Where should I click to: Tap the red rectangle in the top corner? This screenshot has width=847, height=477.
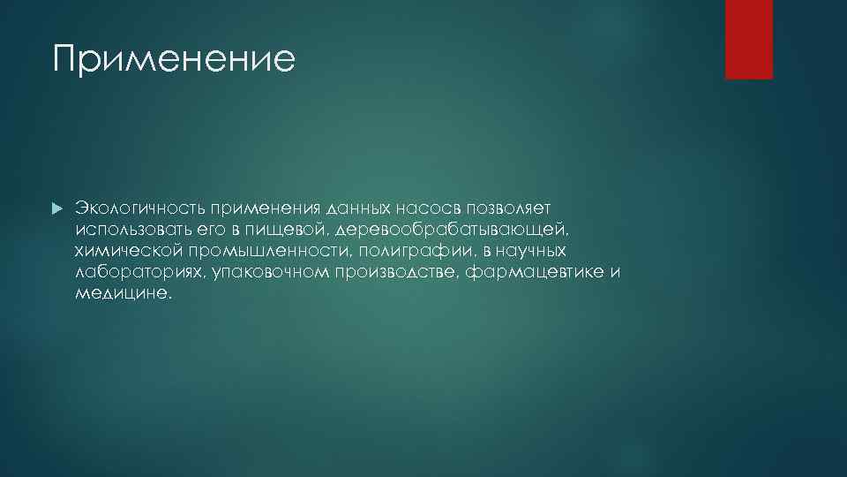[748, 39]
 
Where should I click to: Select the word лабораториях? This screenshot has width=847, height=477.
[137, 273]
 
